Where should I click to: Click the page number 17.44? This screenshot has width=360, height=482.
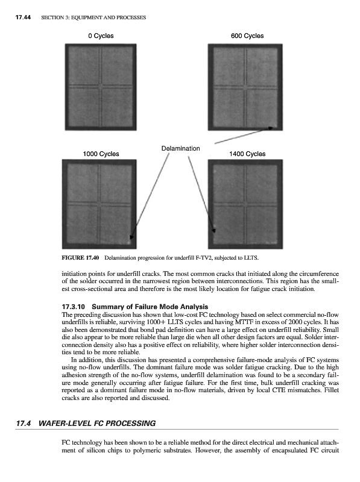click(23, 17)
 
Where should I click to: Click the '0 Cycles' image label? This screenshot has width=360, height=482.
click(101, 36)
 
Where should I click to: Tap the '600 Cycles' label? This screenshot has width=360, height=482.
click(247, 36)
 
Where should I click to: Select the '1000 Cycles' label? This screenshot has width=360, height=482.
click(101, 154)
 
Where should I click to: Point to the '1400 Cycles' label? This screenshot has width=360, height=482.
click(247, 154)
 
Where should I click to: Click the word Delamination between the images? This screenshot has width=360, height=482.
click(181, 148)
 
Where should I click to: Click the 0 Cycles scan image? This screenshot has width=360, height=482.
click(101, 87)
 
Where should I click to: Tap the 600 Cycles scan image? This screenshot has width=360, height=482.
click(245, 87)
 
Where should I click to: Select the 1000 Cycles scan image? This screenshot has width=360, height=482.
click(99, 204)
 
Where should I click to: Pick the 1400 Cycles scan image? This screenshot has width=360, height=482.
click(245, 204)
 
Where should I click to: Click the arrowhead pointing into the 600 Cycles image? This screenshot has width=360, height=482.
click(270, 128)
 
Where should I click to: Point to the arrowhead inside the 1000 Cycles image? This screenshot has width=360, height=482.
click(131, 237)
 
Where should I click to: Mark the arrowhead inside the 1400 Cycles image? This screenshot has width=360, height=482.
click(214, 230)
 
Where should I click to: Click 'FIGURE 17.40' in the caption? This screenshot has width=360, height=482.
click(80, 258)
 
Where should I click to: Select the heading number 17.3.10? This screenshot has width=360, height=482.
click(73, 307)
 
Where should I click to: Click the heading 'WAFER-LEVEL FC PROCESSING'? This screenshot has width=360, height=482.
click(97, 424)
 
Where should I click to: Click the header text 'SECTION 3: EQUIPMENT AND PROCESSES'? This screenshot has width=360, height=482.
click(93, 17)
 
